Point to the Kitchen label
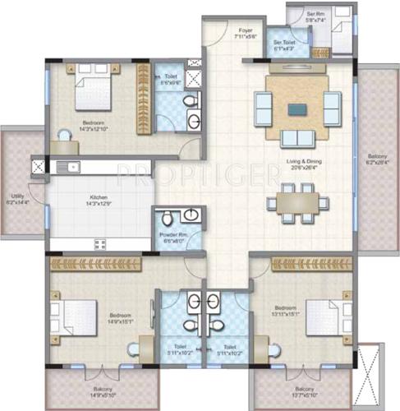[x=99, y=197]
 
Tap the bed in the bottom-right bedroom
[x=324, y=316]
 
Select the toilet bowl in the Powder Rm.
[x=168, y=218]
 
